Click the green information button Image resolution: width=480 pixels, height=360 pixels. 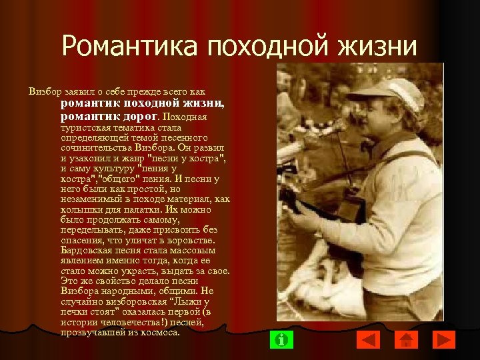click(283, 339)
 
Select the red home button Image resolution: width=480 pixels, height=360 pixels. click(407, 339)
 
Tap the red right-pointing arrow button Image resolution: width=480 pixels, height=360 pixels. click(443, 339)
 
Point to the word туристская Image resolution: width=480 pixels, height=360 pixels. click(83, 127)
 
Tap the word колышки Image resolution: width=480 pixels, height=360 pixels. click(79, 208)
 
